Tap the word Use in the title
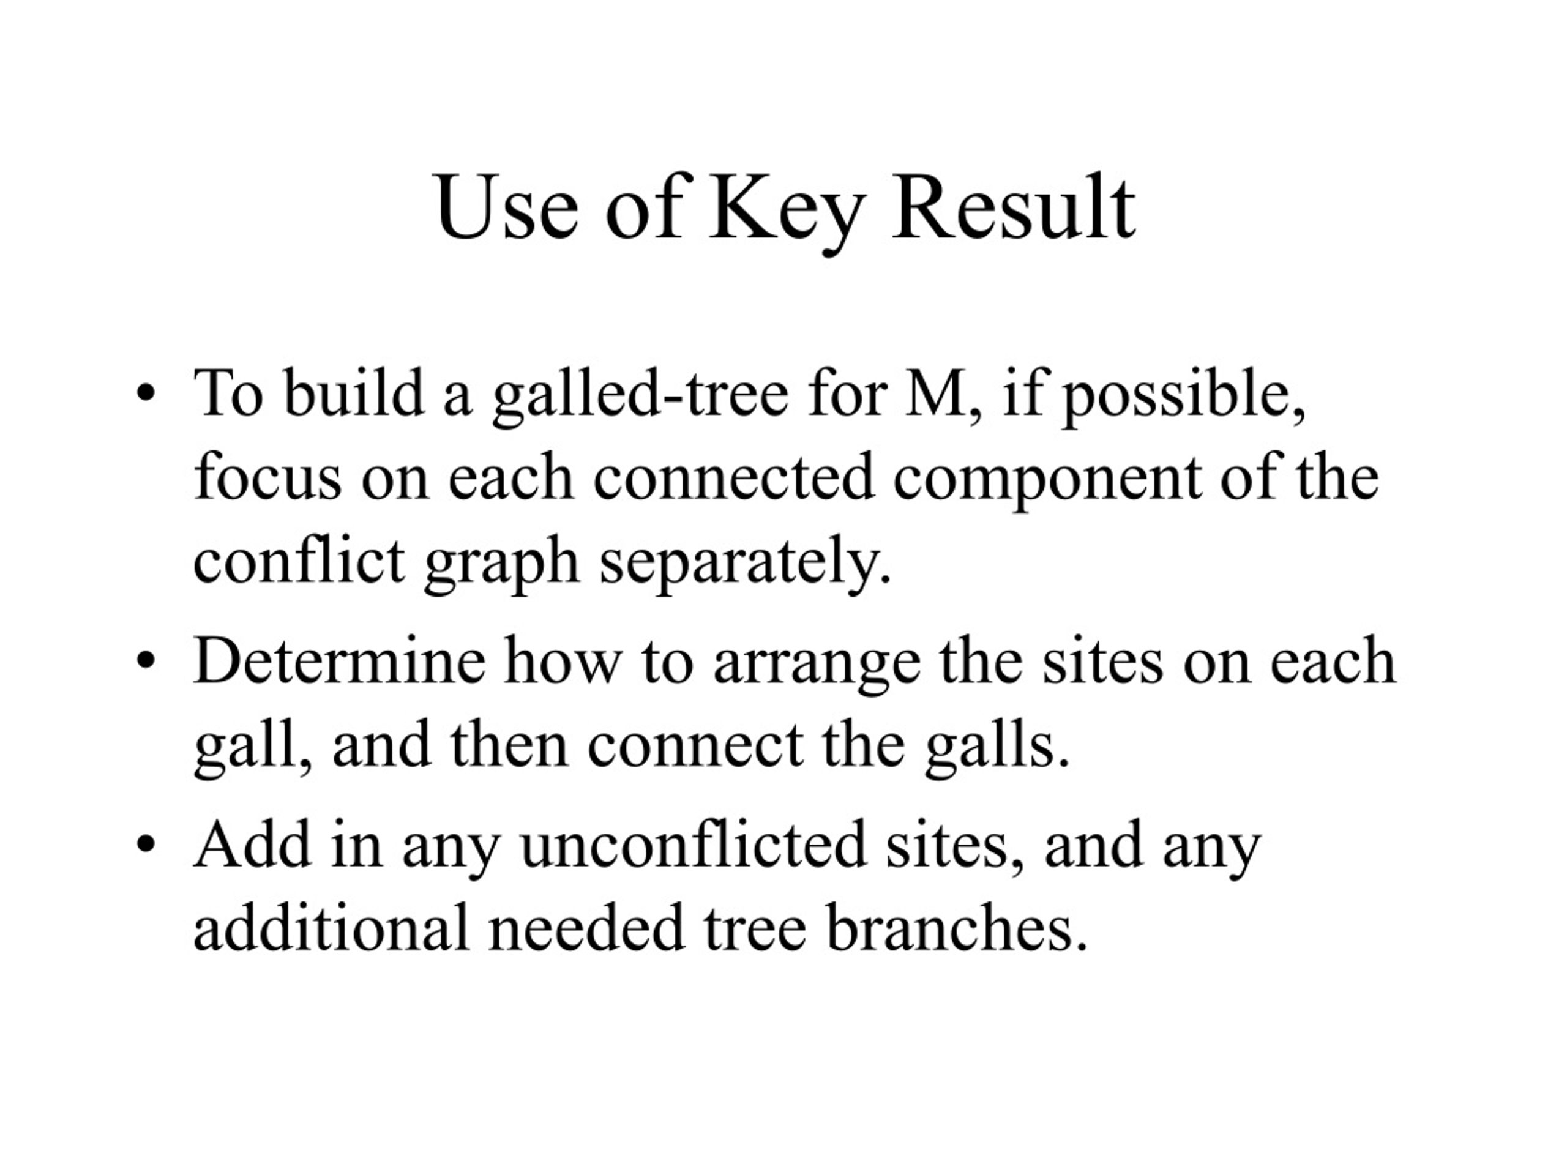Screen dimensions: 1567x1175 tap(506, 207)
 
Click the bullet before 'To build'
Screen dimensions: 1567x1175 tap(145, 394)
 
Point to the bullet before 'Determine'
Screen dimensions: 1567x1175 tap(145, 662)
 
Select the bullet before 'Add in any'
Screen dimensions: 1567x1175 tap(145, 845)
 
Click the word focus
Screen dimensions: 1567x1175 tap(267, 477)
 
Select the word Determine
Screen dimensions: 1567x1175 tap(339, 660)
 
